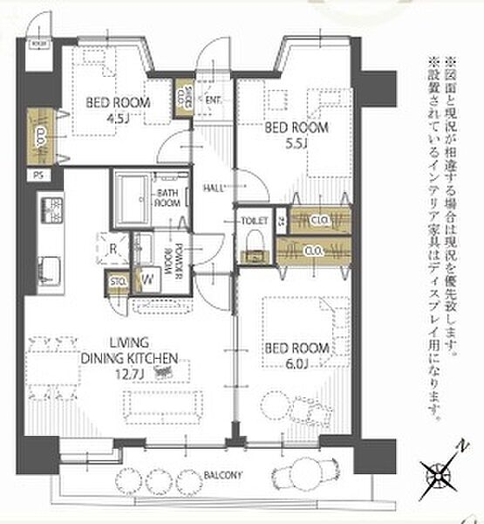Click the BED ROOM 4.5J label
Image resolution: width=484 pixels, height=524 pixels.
[117, 108]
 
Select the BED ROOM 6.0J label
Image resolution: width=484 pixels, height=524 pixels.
[297, 355]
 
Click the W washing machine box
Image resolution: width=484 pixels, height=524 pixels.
[147, 280]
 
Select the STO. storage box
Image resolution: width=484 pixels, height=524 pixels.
[117, 281]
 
